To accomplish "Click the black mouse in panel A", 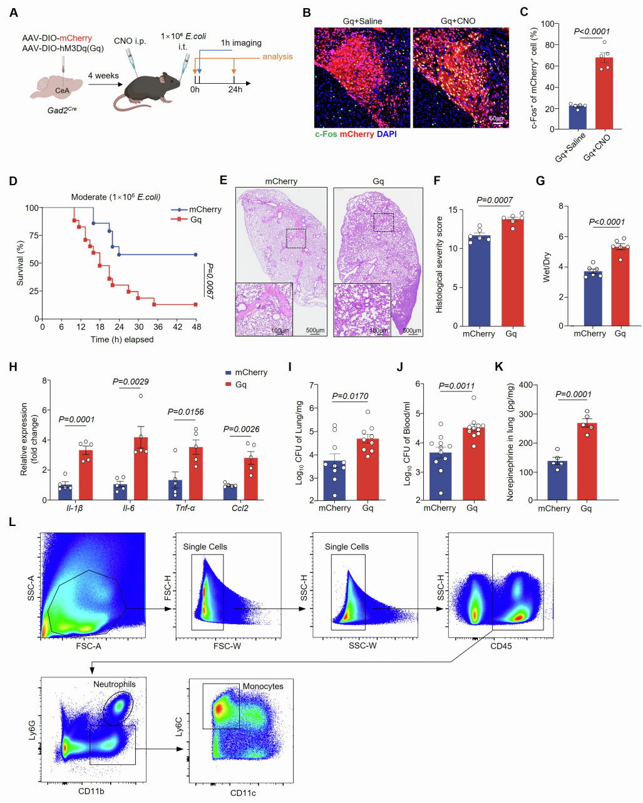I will [x=153, y=88].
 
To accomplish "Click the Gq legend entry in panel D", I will [x=196, y=220].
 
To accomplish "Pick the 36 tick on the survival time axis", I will [x=158, y=326].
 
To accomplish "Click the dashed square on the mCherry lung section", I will [x=296, y=238].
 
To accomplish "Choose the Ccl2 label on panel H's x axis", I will [x=240, y=508].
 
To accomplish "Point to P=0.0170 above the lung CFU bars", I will [x=350, y=396].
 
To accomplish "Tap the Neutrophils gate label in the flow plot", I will [x=115, y=684].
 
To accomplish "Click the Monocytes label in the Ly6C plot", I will [x=263, y=686].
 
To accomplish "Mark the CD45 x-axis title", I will [x=501, y=645].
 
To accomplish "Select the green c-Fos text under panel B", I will [x=326, y=134].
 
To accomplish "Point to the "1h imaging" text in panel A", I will [x=241, y=43].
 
